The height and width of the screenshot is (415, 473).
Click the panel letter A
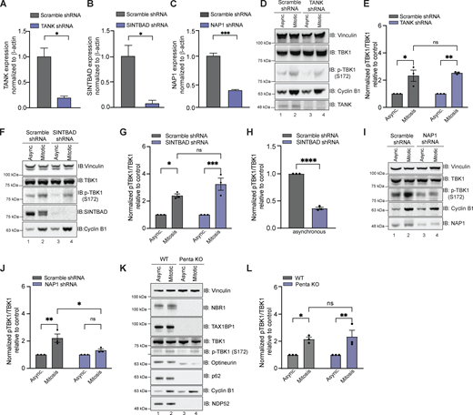coord(5,5)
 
